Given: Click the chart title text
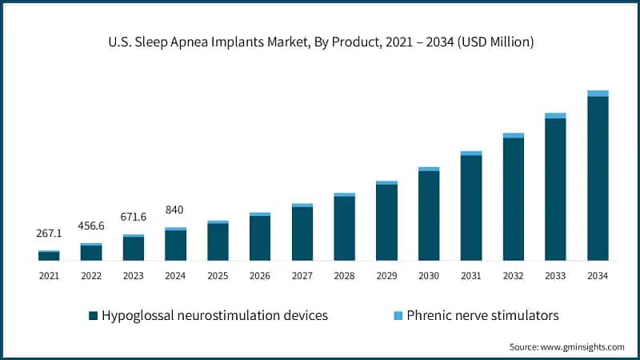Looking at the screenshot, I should click(x=320, y=41).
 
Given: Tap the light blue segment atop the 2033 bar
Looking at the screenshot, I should click(x=555, y=116).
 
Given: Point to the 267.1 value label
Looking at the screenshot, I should click(x=49, y=234).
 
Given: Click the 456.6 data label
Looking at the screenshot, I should click(x=91, y=226).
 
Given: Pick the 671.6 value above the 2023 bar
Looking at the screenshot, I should click(x=133, y=217).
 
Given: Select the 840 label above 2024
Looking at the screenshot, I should click(x=175, y=210).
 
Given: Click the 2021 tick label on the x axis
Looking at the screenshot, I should click(x=49, y=276).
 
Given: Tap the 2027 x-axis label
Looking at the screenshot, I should click(x=302, y=276).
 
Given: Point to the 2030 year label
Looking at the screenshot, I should click(x=429, y=276).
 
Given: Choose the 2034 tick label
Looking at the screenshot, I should click(x=598, y=276).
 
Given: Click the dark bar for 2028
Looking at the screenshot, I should click(x=344, y=228).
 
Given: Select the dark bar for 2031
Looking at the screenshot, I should click(x=471, y=207).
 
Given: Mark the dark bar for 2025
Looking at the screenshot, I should click(x=218, y=242).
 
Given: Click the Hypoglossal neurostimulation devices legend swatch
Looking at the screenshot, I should click(x=93, y=316).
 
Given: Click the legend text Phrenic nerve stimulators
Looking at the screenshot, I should click(x=482, y=315).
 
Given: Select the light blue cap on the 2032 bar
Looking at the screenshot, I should click(x=514, y=136).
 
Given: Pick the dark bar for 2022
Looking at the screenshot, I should click(x=91, y=253).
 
